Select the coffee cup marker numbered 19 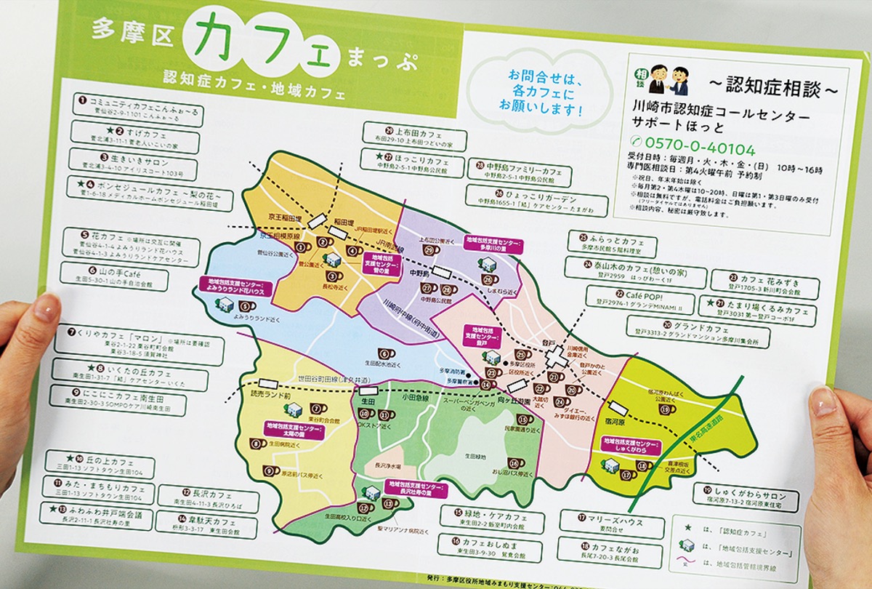click(666, 409)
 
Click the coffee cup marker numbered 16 click(514, 462)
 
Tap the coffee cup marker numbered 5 click(300, 246)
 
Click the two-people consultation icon click(670, 77)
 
